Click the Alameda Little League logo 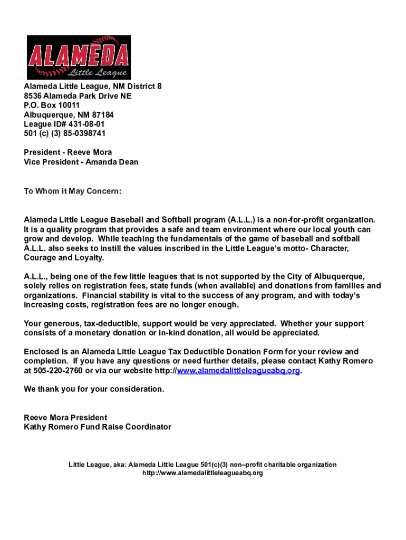tap(79, 57)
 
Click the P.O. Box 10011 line tap(52, 105)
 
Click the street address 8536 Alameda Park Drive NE tap(78, 96)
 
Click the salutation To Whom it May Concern tap(73, 191)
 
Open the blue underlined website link tap(238, 371)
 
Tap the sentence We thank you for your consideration tap(94, 389)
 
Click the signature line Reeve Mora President tap(65, 417)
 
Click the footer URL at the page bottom tap(202, 473)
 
